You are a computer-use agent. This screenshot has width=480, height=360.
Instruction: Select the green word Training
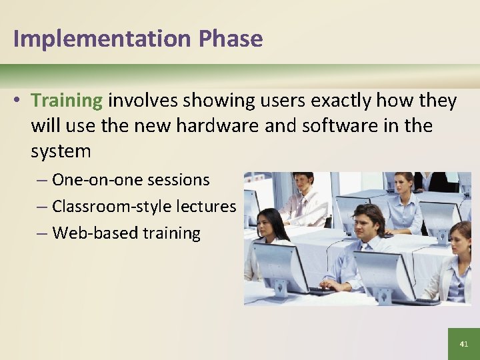(x=67, y=101)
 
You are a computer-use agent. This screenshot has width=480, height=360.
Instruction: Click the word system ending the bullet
(x=61, y=151)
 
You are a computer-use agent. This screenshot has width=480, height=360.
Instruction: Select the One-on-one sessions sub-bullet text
(x=131, y=180)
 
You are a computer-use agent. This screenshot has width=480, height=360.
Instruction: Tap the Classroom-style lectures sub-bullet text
(x=144, y=207)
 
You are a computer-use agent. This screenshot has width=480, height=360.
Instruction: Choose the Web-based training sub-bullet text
(x=126, y=233)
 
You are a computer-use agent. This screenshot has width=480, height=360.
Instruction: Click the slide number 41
(x=464, y=344)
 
